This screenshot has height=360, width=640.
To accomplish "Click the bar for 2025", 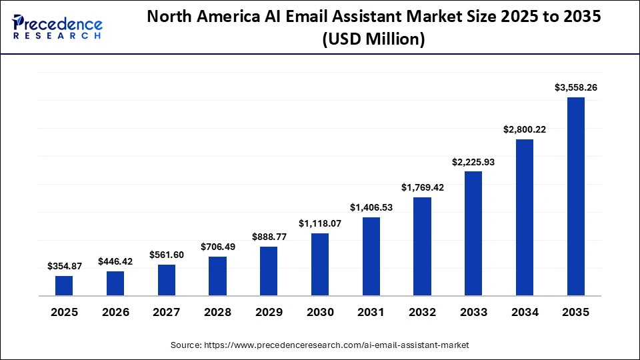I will [64, 285].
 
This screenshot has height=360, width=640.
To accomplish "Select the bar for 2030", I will [320, 264].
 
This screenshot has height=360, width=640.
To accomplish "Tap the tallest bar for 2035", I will [575, 196].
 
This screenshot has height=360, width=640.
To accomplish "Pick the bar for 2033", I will [473, 233].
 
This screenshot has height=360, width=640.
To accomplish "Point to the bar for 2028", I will [217, 276].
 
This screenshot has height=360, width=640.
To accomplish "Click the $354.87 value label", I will [64, 266].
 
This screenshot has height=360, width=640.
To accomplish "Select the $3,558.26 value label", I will [575, 87].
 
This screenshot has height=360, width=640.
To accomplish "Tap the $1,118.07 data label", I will [320, 223].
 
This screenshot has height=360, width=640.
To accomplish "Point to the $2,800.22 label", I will [525, 129].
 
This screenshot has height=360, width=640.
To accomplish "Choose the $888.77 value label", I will [269, 237].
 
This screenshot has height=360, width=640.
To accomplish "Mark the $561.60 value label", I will [167, 255].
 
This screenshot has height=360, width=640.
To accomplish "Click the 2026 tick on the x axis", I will [115, 312].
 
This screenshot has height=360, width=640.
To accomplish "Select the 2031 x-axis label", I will [371, 312].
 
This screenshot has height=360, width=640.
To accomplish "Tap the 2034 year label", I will [525, 312].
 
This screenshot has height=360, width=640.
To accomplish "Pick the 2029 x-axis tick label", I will [269, 312].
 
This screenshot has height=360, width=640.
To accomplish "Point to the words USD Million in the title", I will [374, 39].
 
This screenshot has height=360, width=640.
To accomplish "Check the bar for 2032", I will [422, 246].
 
